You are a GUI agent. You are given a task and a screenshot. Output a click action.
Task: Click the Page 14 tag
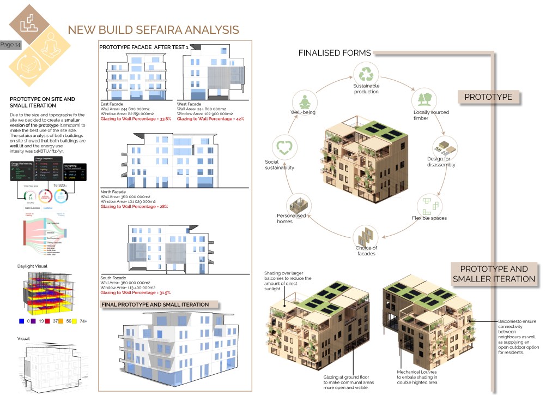pyautogui.click(x=10, y=45)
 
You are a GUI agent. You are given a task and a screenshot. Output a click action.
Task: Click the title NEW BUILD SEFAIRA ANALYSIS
pyautogui.click(x=153, y=29)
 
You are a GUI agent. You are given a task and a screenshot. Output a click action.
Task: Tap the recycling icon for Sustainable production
pyautogui.click(x=366, y=72)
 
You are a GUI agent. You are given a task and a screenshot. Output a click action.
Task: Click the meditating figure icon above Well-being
pyautogui.click(x=304, y=101)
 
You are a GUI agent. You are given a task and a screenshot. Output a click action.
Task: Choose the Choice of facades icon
pyautogui.click(x=366, y=236)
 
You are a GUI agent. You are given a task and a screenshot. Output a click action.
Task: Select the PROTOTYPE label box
pyautogui.click(x=488, y=97)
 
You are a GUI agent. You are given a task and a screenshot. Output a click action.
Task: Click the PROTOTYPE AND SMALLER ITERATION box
pyautogui.click(x=494, y=274)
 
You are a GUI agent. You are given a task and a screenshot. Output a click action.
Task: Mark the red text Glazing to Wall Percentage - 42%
pyautogui.click(x=210, y=118)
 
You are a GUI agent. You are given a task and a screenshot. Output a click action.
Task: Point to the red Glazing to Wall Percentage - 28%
pyautogui.click(x=134, y=206)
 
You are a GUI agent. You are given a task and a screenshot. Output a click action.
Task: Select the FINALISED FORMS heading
pyautogui.click(x=334, y=53)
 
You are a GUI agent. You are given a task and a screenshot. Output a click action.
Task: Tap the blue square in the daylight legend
pyautogui.click(x=21, y=321)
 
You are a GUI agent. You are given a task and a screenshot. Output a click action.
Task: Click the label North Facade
pyautogui.click(x=114, y=192)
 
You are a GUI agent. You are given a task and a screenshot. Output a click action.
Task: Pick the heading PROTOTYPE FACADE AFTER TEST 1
pyautogui.click(x=144, y=47)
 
